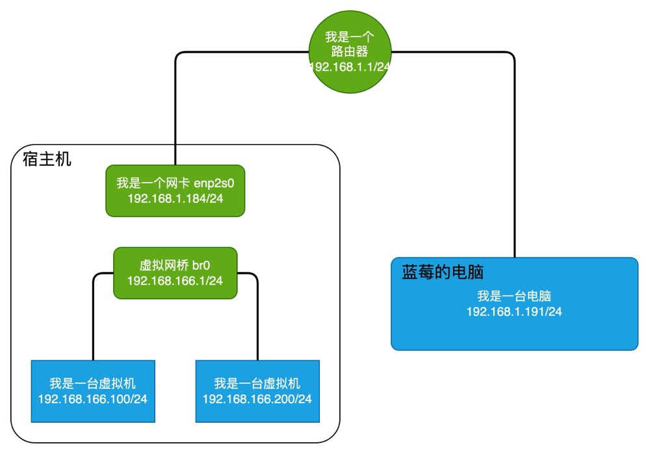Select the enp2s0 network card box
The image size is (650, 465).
(x=175, y=190)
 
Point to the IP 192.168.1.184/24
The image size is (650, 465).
(x=175, y=198)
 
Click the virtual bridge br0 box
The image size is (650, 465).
(x=175, y=273)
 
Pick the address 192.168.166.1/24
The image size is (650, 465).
(x=175, y=281)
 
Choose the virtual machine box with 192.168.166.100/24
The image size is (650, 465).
(x=93, y=390)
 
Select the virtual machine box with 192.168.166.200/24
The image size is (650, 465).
(x=257, y=390)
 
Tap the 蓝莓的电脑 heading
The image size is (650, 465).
(x=443, y=272)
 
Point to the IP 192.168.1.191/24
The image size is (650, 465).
(x=514, y=312)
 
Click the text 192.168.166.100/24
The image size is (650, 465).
(x=93, y=399)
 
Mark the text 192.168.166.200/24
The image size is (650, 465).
(x=257, y=399)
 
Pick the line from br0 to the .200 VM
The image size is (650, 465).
(x=257, y=319)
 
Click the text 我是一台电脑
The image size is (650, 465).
(x=514, y=296)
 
